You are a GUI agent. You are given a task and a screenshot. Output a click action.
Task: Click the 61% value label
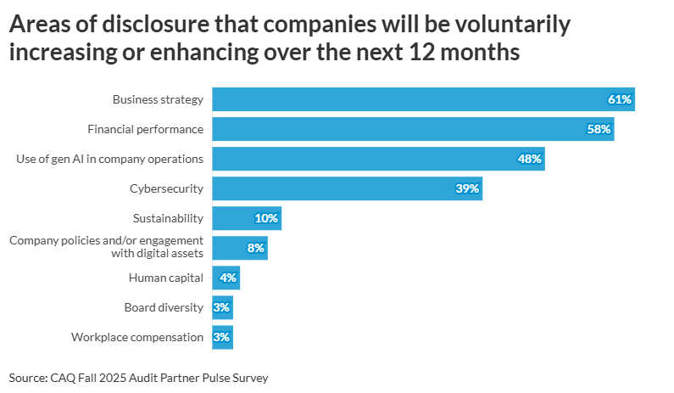pyautogui.click(x=620, y=99)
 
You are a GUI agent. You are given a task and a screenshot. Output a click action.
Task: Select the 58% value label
pyautogui.click(x=599, y=129)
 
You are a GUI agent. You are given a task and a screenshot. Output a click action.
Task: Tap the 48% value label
pyautogui.click(x=530, y=159)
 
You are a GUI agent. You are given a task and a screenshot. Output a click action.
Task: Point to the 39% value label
pyautogui.click(x=467, y=188)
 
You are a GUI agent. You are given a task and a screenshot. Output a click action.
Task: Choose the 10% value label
pyautogui.click(x=266, y=218)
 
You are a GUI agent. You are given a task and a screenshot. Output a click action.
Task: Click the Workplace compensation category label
pyautogui.click(x=137, y=337)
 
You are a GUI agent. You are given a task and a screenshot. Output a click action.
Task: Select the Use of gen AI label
pyautogui.click(x=110, y=159)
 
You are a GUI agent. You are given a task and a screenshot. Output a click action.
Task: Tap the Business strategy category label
pyautogui.click(x=158, y=99)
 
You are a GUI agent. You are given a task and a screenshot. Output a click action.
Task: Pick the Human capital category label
pyautogui.click(x=166, y=278)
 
